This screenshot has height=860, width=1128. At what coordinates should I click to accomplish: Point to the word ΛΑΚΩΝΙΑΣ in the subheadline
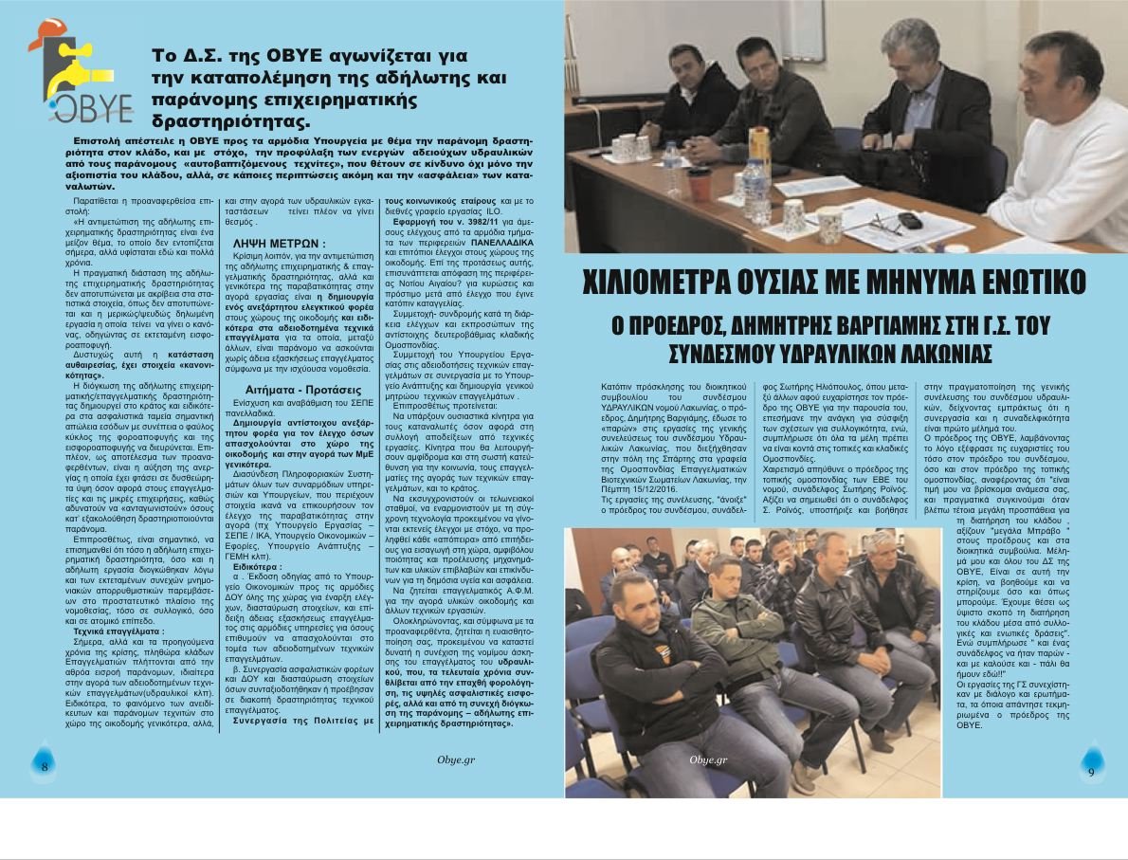pos(938,353)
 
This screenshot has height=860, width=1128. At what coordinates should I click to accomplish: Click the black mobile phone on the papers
pos(909,220)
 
